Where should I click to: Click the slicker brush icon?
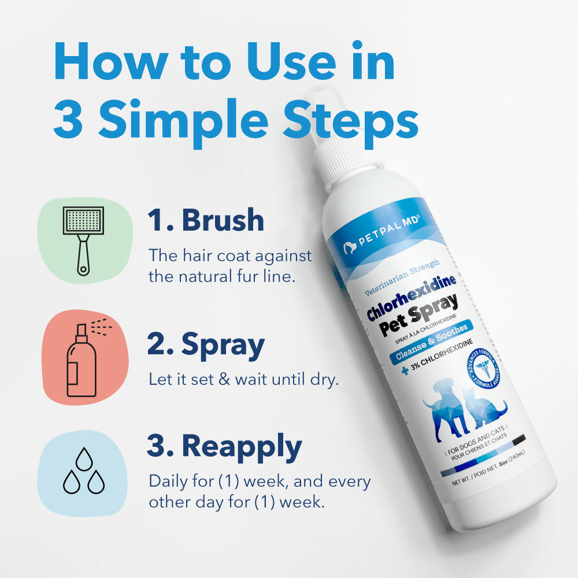point(83,239)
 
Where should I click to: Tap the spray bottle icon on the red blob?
point(83,358)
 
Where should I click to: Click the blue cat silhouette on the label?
point(486,410)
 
